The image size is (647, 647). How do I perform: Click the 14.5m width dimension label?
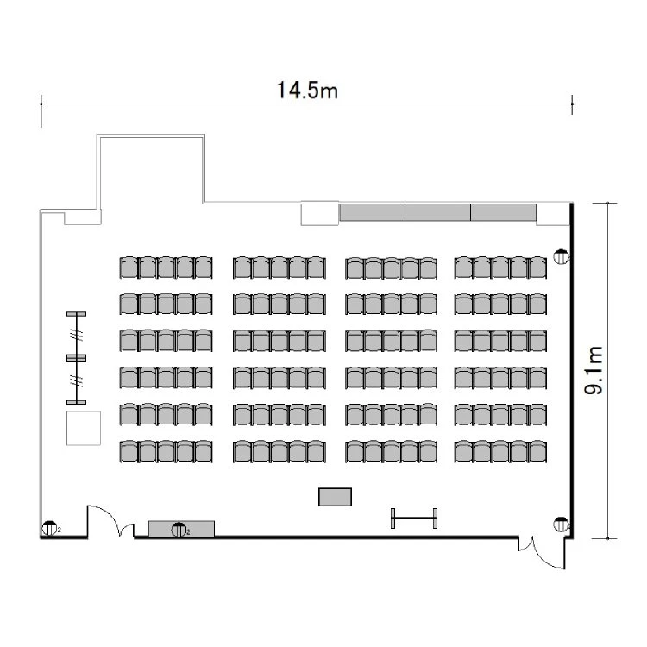[x=307, y=91]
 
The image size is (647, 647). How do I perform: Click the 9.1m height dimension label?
[x=594, y=370]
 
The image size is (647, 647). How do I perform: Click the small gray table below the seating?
[x=335, y=497]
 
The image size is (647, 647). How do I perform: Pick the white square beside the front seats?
[x=84, y=428]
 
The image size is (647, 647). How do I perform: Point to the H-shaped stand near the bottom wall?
[x=414, y=518]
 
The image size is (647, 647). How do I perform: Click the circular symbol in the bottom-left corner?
[x=49, y=528]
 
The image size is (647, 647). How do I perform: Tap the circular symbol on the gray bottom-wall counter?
[x=179, y=530]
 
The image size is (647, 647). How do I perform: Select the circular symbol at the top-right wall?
[x=561, y=257]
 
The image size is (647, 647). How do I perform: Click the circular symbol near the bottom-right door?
[x=561, y=524]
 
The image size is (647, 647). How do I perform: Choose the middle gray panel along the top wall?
[x=437, y=212]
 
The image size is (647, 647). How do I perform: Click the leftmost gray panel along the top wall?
[x=372, y=212]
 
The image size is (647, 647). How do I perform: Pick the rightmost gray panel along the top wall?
[x=504, y=212]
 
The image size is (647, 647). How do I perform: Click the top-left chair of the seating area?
[x=129, y=267]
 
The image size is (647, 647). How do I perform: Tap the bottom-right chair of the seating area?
[x=537, y=451]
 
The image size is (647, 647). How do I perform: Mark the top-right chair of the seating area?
[x=537, y=267]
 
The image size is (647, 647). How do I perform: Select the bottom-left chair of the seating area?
[x=129, y=451]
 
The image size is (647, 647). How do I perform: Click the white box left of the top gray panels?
[x=320, y=213]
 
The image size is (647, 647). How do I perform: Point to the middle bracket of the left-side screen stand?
[x=76, y=358]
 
